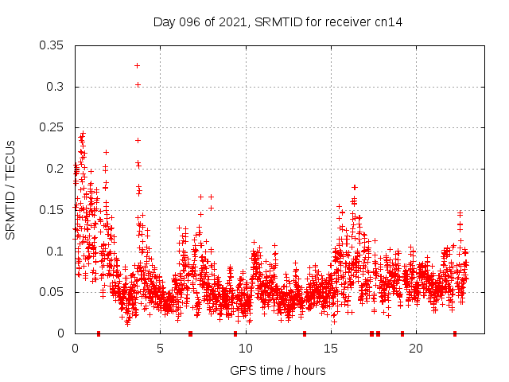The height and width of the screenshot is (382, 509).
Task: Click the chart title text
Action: [x=278, y=22]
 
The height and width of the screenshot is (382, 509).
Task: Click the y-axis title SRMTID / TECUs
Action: [x=11, y=189]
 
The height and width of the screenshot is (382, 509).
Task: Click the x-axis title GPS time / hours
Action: [x=278, y=370]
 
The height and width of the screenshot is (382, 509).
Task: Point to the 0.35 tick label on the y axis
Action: [x=52, y=45]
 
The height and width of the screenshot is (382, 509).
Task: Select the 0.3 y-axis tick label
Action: [x=55, y=87]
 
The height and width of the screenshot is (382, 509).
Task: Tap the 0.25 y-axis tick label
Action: [x=52, y=127]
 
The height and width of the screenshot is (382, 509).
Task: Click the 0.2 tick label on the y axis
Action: [x=55, y=169]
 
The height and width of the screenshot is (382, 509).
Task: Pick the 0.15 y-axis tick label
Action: [x=52, y=210]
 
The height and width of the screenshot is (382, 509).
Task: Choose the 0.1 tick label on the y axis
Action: [x=55, y=251]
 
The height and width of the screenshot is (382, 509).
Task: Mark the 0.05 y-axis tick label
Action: [x=52, y=292]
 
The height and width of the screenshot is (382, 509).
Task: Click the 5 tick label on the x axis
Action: [x=160, y=349]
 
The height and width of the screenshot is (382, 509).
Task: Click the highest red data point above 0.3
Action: [x=138, y=65]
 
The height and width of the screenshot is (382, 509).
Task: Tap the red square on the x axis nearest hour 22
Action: [x=455, y=333]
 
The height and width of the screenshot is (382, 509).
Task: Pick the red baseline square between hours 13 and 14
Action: [x=305, y=333]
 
